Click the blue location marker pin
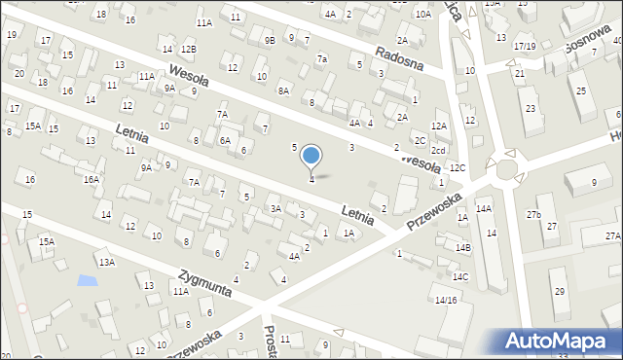click(x=311, y=156)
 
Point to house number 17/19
click(x=525, y=46)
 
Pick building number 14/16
click(x=446, y=300)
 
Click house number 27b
click(x=533, y=214)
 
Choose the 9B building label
click(x=270, y=40)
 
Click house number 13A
click(x=105, y=262)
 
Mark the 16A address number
click(x=92, y=179)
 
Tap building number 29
click(x=559, y=291)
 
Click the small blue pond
click(x=87, y=281)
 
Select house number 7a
click(x=321, y=58)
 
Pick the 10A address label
click(x=422, y=15)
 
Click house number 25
click(x=580, y=90)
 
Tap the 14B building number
click(x=461, y=248)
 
